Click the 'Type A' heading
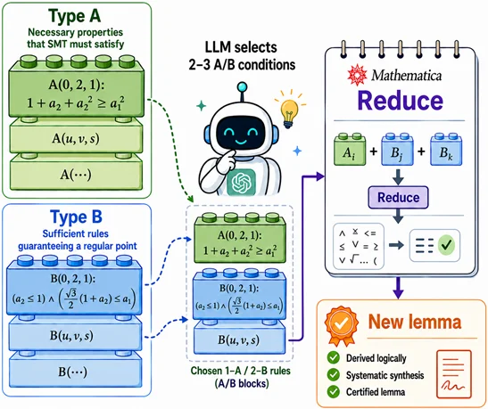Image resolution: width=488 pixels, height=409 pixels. point(75,16)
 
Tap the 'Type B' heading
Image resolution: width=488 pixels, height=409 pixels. point(76,217)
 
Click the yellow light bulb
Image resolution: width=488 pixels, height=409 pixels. point(289,110)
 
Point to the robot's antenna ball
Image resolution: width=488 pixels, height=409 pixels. point(242,86)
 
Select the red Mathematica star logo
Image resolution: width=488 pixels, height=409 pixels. point(358,75)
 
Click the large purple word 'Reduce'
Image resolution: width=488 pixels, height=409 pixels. point(401,101)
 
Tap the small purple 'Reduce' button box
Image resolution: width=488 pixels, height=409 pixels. point(398,197)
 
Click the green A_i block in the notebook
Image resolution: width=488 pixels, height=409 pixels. point(350,150)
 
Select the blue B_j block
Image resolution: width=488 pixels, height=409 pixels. point(397,150)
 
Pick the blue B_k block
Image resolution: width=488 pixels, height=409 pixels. point(446,150)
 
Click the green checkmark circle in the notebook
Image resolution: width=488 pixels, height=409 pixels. point(447,245)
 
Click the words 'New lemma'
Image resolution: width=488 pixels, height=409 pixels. point(415,322)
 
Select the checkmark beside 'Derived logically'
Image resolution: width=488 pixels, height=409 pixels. point(334,357)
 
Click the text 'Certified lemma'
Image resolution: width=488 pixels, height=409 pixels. point(376,392)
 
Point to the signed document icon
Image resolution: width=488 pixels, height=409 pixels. point(454,374)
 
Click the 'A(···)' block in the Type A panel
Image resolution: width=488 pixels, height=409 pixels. point(76,173)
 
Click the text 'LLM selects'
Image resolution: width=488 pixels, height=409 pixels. point(241,47)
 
